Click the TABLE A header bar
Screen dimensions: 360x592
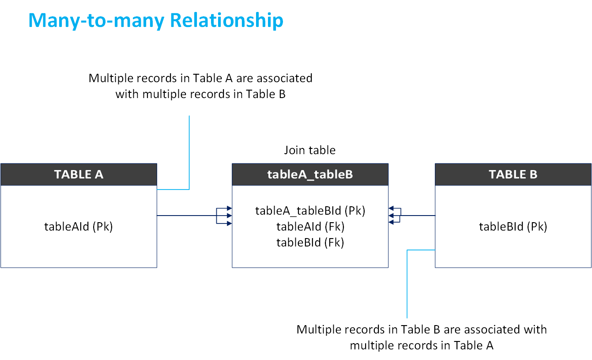point(79,174)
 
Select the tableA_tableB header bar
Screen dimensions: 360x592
point(310,174)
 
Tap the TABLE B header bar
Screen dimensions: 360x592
point(513,174)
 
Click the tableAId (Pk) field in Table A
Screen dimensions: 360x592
point(79,227)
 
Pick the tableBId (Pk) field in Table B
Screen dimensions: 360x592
point(513,227)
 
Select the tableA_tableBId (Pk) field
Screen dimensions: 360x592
point(310,211)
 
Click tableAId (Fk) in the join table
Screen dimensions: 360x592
point(310,227)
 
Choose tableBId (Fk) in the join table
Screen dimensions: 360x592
point(310,242)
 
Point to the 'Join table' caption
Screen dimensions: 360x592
point(309,150)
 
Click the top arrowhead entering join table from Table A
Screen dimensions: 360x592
point(229,208)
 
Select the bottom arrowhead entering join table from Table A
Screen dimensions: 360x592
point(229,224)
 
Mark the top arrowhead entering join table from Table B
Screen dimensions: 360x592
point(391,208)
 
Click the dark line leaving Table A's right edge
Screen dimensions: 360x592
point(185,216)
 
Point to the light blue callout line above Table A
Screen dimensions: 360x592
point(189,150)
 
